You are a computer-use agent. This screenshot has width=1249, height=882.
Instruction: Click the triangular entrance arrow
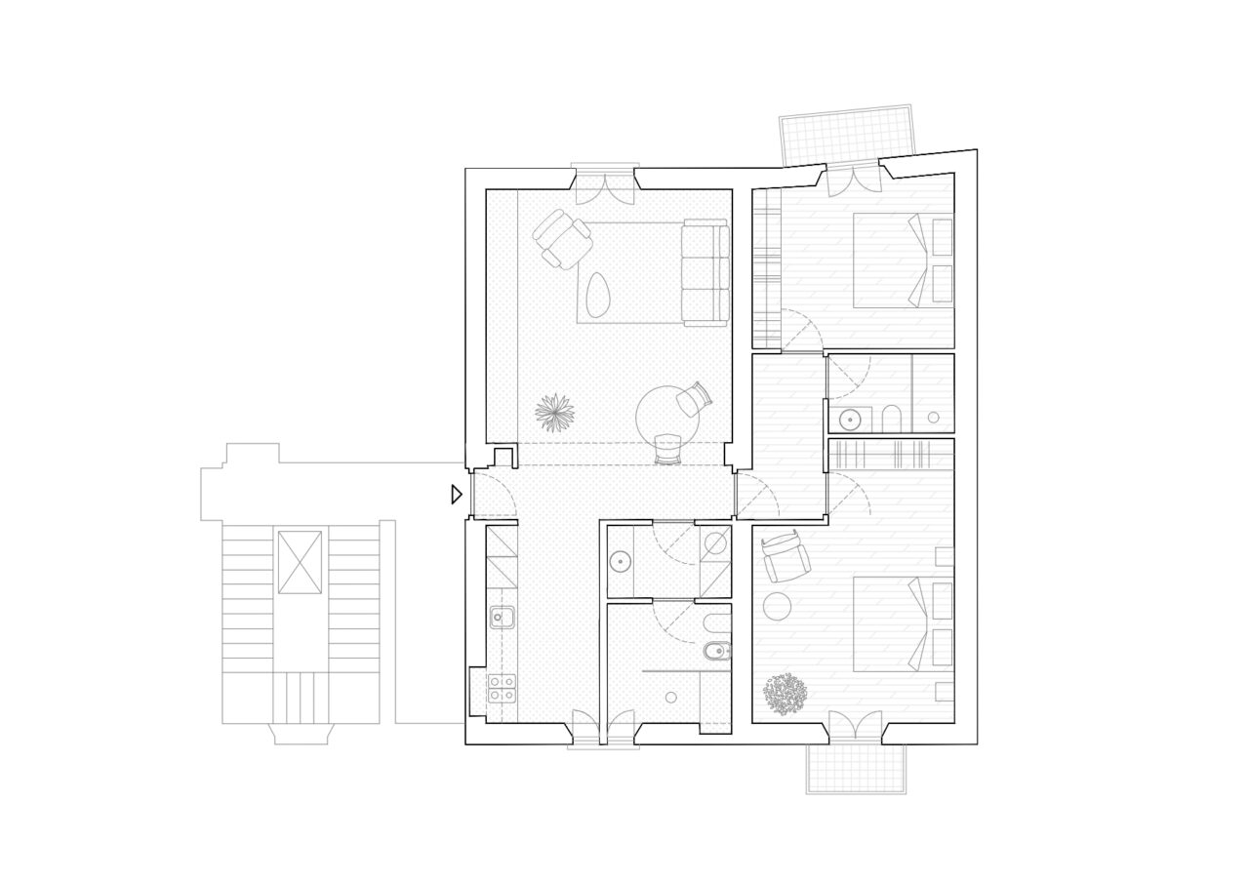pos(456,495)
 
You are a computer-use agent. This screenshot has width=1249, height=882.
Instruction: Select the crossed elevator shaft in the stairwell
pos(299,562)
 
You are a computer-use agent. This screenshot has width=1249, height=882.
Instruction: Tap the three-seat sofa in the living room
pos(705,272)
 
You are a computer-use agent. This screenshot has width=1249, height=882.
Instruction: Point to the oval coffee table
pos(599,290)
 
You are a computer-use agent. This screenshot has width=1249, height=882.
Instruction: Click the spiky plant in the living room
pos(554,412)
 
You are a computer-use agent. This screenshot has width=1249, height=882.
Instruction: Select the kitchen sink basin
pos(503,617)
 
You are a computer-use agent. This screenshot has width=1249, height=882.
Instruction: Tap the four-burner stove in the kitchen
pos(502,688)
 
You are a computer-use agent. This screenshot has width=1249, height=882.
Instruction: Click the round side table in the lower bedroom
pos(778,606)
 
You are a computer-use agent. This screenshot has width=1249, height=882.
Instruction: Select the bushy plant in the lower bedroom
pos(786,694)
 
